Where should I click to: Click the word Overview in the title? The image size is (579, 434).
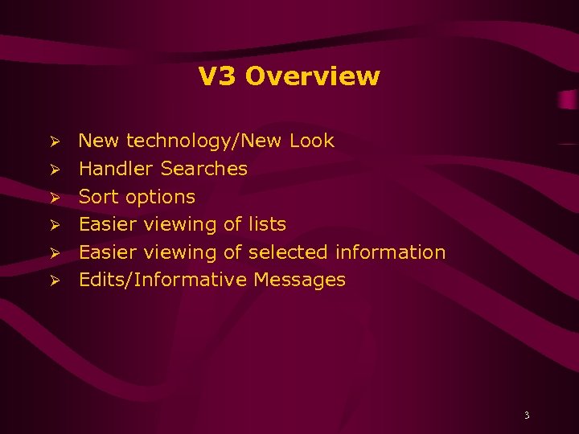click(313, 76)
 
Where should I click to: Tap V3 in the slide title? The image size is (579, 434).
click(218, 76)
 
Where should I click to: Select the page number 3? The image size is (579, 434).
click(527, 416)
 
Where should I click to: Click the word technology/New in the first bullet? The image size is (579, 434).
click(204, 141)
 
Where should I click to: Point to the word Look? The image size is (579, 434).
click(311, 141)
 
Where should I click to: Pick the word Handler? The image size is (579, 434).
click(117, 169)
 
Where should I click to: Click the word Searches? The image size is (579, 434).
click(204, 169)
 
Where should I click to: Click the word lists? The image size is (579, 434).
click(267, 224)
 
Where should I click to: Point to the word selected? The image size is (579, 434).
click(289, 252)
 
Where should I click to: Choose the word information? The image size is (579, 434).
click(390, 252)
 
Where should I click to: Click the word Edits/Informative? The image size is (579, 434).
click(162, 280)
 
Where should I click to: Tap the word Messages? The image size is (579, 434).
click(299, 280)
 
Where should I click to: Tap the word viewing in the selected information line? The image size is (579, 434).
click(180, 253)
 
